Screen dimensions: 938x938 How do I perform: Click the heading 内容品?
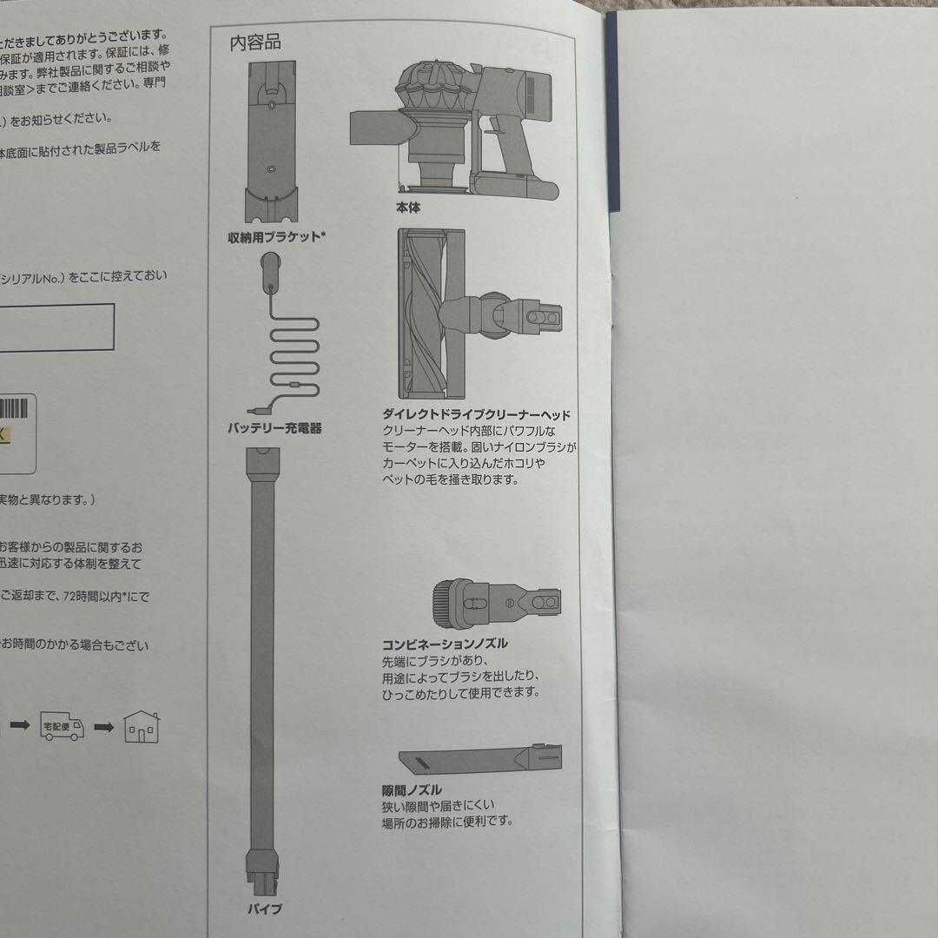[255, 42]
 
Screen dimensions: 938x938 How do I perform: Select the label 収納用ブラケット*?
[273, 236]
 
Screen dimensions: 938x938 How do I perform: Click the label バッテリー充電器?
[274, 428]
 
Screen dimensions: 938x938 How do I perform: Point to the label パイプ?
[265, 909]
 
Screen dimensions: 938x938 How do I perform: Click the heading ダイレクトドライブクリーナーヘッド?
[476, 415]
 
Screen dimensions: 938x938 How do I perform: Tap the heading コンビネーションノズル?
[445, 644]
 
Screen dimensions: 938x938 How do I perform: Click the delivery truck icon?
[63, 728]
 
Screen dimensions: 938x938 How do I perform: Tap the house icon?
[141, 728]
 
